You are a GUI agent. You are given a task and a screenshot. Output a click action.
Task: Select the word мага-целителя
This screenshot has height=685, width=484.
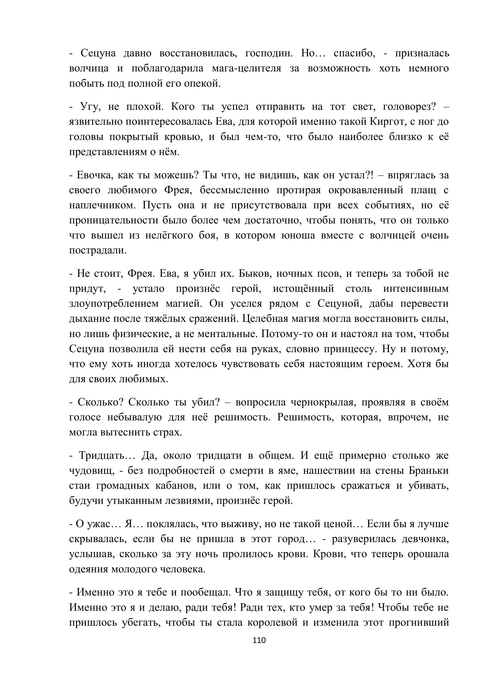[x=246, y=69]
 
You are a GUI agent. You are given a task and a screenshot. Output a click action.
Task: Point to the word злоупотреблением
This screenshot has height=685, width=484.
[x=114, y=304]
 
